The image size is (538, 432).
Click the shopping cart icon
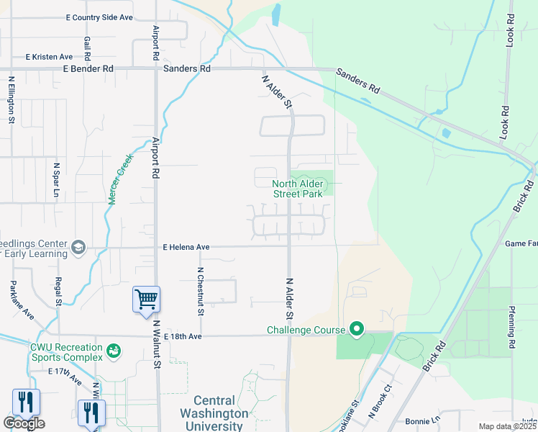pyautogui.click(x=146, y=297)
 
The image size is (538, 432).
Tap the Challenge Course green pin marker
pyautogui.click(x=357, y=330)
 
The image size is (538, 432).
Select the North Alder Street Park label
pyautogui.click(x=297, y=189)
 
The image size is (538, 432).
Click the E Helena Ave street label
pyautogui.click(x=186, y=247)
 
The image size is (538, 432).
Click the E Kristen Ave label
pyautogui.click(x=49, y=57)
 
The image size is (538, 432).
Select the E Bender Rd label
pyautogui.click(x=88, y=69)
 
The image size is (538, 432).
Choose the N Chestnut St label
pyautogui.click(x=200, y=291)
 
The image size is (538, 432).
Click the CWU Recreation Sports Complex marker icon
pyautogui.click(x=113, y=351)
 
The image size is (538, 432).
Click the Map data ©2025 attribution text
pyautogui.click(x=508, y=426)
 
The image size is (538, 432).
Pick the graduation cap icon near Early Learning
pyautogui.click(x=78, y=248)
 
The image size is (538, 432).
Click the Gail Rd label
pyautogui.click(x=87, y=48)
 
